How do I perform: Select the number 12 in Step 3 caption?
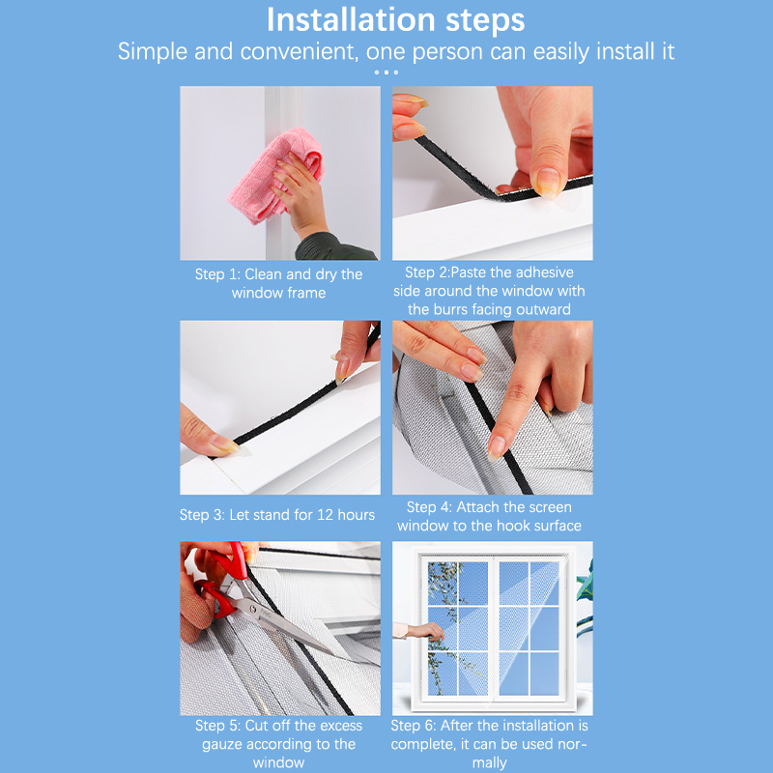coord(325,515)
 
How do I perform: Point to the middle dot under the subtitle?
coord(386,72)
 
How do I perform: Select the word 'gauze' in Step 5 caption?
coord(223,745)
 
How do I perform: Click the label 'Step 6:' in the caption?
coord(414,726)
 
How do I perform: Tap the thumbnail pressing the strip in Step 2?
coord(547,184)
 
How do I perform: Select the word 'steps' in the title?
coord(485,21)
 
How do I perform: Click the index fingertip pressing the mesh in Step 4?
coord(496,447)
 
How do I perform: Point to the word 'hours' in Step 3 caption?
coord(356,515)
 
